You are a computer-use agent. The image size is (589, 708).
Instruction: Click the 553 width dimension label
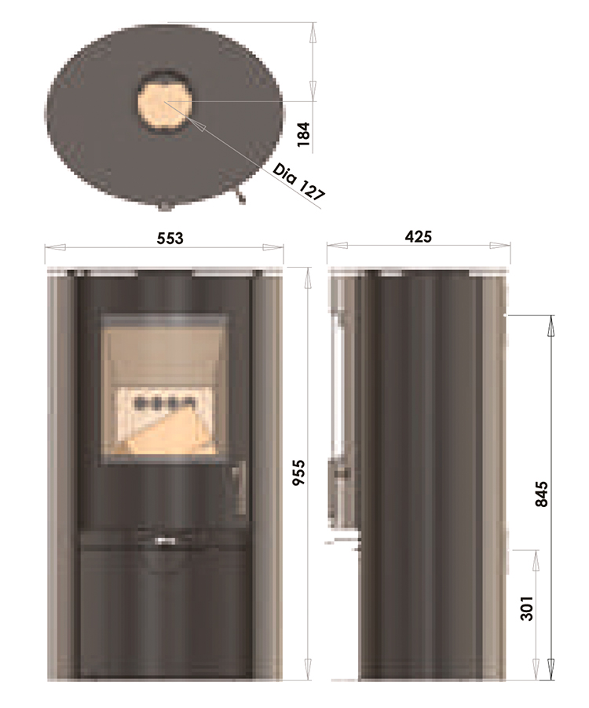pyautogui.click(x=170, y=238)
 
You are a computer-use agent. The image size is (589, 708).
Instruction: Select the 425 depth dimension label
pyautogui.click(x=419, y=237)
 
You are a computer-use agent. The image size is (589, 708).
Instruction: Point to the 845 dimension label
pyautogui.click(x=541, y=494)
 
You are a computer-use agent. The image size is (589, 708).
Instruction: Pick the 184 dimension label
pyautogui.click(x=305, y=135)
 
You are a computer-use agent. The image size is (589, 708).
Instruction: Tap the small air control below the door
pyautogui.click(x=165, y=539)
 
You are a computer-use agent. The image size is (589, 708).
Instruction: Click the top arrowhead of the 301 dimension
pyautogui.click(x=536, y=554)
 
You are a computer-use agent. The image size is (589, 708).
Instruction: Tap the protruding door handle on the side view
pyautogui.click(x=342, y=473)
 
